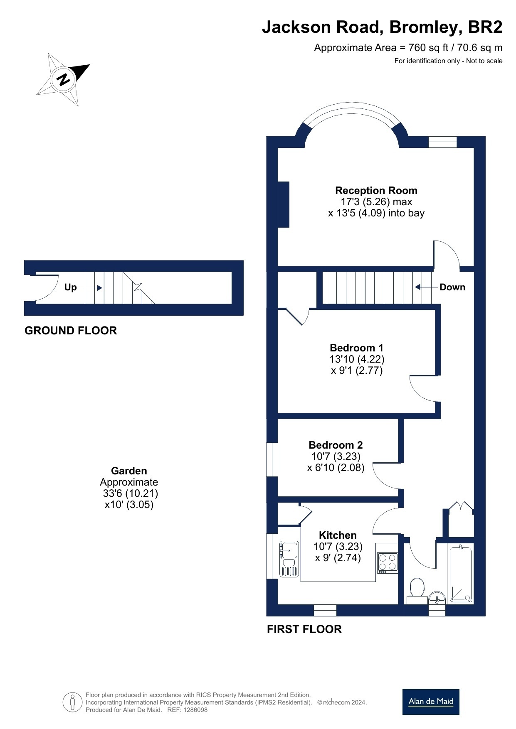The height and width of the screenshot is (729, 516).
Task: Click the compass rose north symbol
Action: point(64,79)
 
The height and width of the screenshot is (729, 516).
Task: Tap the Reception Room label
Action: point(376,191)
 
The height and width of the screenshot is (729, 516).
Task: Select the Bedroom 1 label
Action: point(357,348)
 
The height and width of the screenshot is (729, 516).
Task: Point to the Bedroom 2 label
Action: point(336,445)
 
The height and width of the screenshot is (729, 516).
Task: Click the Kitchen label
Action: point(338,535)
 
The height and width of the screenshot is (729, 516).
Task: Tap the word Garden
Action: point(129,471)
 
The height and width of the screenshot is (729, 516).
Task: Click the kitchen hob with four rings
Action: point(388,563)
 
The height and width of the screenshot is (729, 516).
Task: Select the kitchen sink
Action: point(289,559)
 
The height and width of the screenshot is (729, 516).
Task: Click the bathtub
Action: point(461,574)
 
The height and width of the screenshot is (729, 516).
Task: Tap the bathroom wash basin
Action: point(437,598)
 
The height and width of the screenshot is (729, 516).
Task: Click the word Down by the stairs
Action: point(452,287)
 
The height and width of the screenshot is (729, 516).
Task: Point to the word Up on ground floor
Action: point(70,287)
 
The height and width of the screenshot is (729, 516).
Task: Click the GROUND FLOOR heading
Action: point(71,331)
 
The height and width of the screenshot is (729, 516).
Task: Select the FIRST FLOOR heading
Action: point(304,629)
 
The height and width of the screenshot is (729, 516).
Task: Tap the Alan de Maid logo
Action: point(431,702)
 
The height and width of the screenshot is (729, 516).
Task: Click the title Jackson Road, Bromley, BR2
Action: point(382,27)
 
